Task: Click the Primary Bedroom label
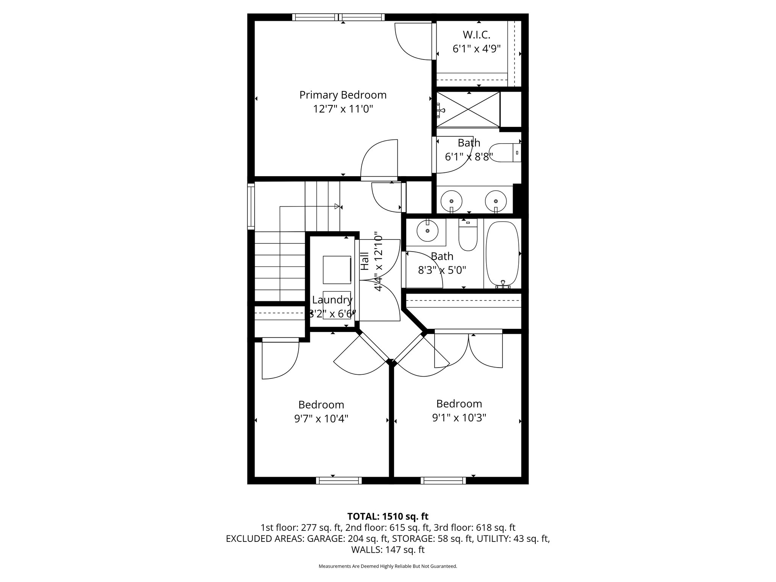[343, 95]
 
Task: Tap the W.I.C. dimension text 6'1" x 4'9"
[476, 49]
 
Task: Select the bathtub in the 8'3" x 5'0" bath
[502, 254]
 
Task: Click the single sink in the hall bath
[427, 231]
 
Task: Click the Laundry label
[332, 300]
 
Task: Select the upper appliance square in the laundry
[337, 270]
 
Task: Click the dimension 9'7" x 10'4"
[321, 419]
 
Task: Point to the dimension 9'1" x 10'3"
[459, 418]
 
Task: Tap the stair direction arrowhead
[336, 207]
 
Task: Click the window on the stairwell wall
[251, 206]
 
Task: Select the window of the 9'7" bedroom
[339, 480]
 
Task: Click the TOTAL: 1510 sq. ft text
[388, 516]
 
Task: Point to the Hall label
[365, 261]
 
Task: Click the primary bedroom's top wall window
[338, 17]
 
